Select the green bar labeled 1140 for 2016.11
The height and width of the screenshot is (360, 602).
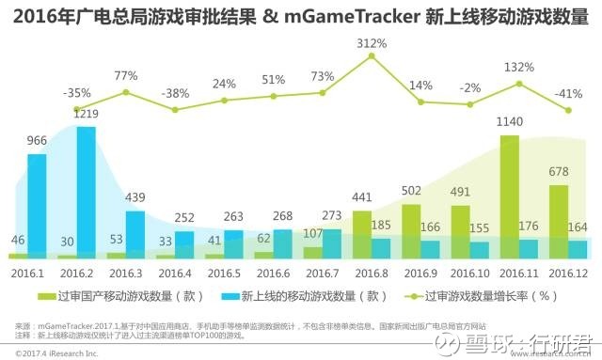point(509,196)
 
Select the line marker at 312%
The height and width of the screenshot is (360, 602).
point(372,56)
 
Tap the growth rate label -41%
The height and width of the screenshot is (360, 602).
point(568,93)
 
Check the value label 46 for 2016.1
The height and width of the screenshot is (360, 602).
point(18,241)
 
